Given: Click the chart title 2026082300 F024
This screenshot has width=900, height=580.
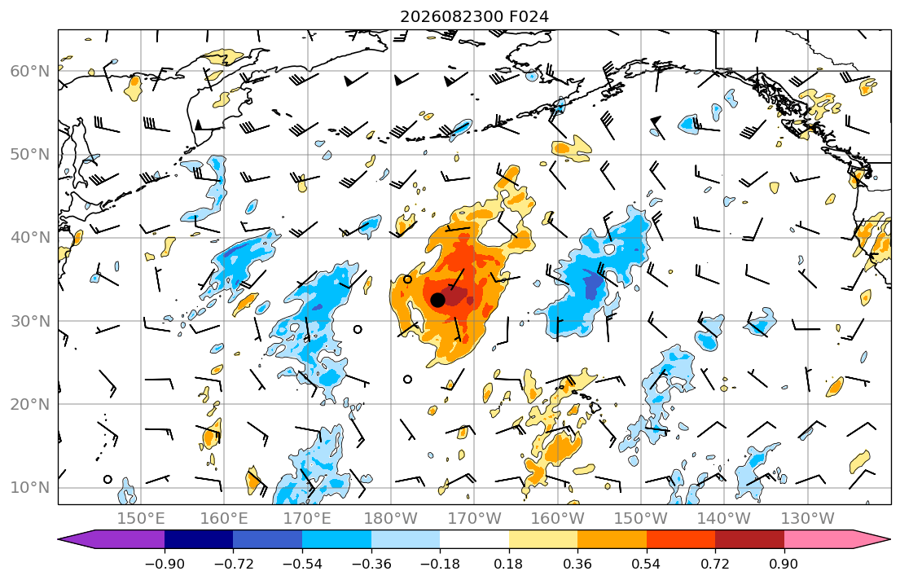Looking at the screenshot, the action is pos(474,16).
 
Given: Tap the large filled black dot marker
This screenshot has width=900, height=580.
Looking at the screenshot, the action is pos(437,300).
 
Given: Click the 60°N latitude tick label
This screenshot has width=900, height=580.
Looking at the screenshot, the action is pos(30,71).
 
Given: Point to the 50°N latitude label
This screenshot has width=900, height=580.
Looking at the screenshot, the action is pos(30,155).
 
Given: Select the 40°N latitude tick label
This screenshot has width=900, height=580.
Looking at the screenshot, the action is pos(30,238).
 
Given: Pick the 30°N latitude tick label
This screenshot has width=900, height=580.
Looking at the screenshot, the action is pos(30,321).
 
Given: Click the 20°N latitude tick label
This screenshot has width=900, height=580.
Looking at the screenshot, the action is pos(30,404).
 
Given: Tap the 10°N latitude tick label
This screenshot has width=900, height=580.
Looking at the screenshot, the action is pos(30,488).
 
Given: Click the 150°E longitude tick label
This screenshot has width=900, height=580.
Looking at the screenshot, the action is pos(141,519).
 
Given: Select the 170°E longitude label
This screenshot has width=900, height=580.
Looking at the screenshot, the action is pos(307,519).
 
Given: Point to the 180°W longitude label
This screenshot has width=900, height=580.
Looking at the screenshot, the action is pos(391,519).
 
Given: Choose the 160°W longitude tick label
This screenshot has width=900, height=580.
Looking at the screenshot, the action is pos(557,519).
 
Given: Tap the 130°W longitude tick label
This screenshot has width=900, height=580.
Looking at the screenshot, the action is pos(808,519).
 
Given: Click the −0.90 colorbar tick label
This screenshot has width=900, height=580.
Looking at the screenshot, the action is pos(165,564).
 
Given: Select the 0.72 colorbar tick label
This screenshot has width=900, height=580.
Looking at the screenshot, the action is pos(715,564).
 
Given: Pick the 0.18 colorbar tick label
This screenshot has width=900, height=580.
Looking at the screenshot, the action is pos(508,564).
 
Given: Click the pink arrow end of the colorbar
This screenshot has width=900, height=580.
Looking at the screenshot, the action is pos(838,539).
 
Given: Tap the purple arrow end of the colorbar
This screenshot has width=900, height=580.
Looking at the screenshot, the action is pos(112,539).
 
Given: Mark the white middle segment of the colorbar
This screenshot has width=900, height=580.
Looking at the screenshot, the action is pos(474,539).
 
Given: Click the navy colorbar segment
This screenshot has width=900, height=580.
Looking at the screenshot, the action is pos(199,539).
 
